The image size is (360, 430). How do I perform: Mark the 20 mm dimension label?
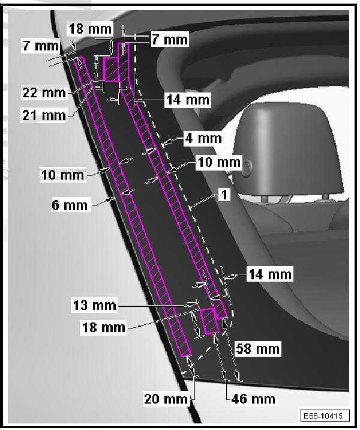[x=164, y=397]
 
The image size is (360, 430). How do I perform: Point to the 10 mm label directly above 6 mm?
[x=62, y=175]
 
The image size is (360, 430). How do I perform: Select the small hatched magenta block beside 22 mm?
[x=112, y=70]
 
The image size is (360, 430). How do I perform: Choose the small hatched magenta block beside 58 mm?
[x=210, y=321]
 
